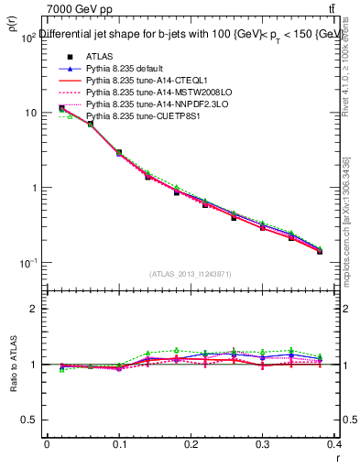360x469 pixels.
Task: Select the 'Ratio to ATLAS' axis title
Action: [14, 365]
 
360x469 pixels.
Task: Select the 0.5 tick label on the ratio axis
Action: [29, 420]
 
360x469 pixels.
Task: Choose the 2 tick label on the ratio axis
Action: [35, 309]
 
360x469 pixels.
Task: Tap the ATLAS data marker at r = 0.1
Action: [119, 153]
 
